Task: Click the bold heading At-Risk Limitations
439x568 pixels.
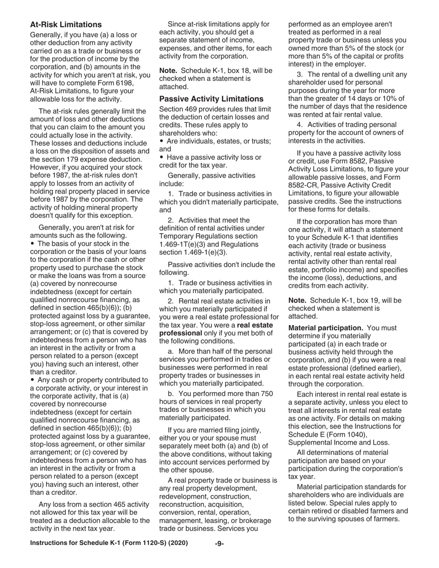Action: point(66,24)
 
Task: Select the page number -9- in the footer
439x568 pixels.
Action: point(219,556)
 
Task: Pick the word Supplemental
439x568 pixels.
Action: point(311,442)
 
